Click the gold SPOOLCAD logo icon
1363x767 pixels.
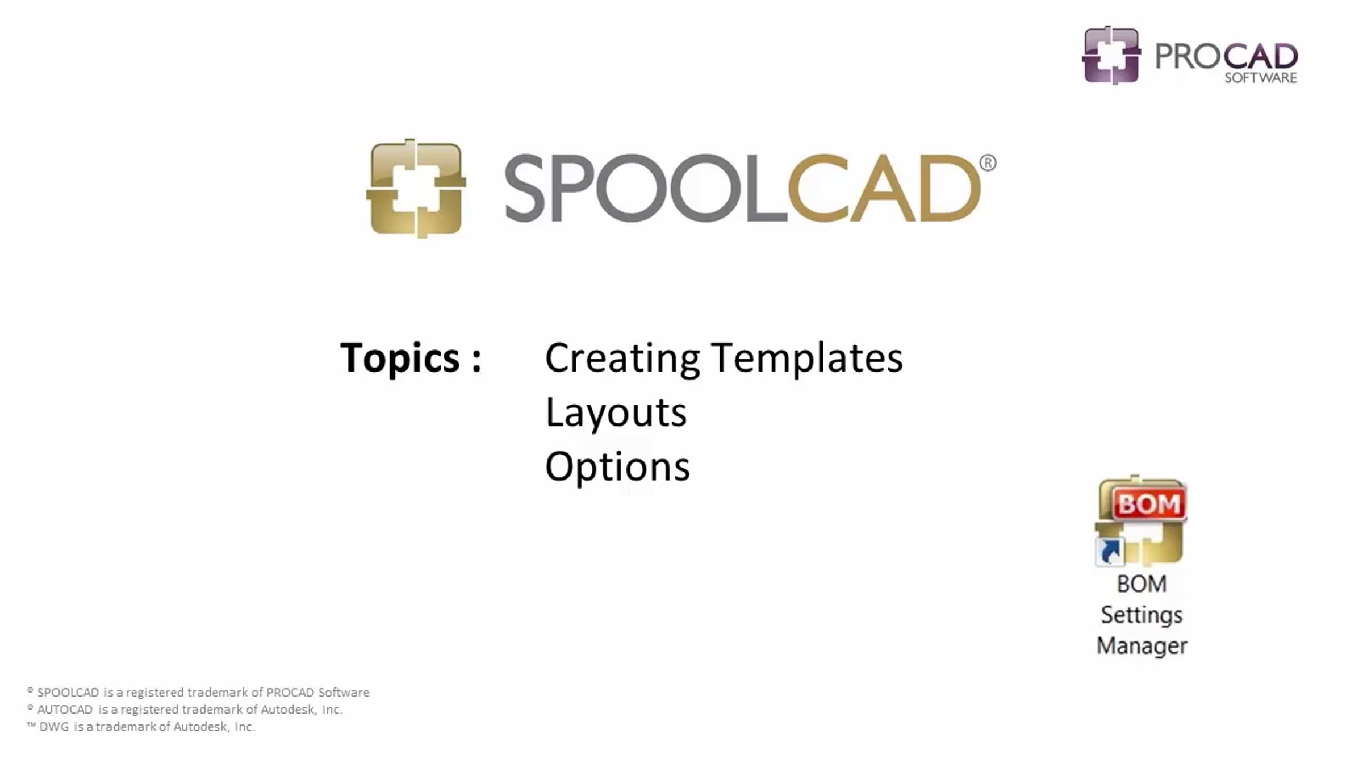pos(416,188)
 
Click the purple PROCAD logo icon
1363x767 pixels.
pos(1111,55)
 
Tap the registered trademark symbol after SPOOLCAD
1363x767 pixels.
pos(988,163)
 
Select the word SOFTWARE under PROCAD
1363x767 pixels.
pos(1261,78)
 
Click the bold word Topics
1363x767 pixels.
pos(400,358)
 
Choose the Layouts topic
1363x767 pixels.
pos(616,412)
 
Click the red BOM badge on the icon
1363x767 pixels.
pos(1149,503)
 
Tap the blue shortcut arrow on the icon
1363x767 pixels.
pos(1110,551)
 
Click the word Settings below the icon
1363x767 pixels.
pos(1142,615)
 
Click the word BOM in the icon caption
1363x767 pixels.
pos(1142,584)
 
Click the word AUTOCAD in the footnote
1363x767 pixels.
pos(65,710)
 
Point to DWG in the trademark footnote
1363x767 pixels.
pos(54,727)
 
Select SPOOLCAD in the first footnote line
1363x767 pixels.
pos(68,693)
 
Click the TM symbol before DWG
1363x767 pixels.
pos(31,725)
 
